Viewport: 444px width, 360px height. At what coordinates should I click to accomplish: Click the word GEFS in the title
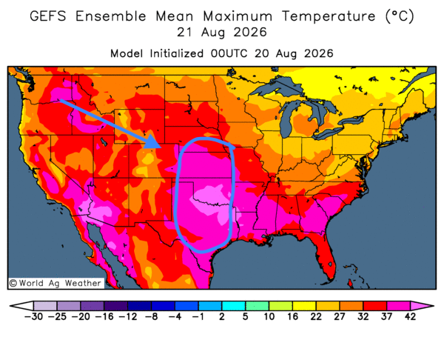[48, 16]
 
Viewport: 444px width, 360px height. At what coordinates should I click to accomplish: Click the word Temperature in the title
[329, 16]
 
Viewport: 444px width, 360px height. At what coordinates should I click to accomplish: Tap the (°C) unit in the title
[400, 16]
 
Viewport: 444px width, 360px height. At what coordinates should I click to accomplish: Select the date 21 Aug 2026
[222, 32]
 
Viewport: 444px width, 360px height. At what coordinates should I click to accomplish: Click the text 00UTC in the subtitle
[229, 53]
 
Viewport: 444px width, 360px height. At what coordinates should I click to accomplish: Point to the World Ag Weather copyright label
[55, 283]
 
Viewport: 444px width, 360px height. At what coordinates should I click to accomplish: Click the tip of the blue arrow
[161, 147]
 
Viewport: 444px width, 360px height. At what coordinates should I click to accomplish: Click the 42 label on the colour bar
[410, 316]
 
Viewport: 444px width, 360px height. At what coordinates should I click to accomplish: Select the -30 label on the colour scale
[33, 316]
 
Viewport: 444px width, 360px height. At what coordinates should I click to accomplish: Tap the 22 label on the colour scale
[316, 316]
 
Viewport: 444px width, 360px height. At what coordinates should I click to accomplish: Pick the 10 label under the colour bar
[269, 316]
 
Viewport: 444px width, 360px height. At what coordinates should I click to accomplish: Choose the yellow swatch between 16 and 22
[304, 306]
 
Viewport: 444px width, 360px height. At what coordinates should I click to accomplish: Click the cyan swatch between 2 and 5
[233, 306]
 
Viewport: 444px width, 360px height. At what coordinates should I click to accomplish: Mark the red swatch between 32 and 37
[375, 306]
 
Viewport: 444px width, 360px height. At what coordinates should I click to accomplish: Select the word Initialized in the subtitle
[176, 53]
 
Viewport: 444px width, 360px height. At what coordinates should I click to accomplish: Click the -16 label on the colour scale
[104, 316]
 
